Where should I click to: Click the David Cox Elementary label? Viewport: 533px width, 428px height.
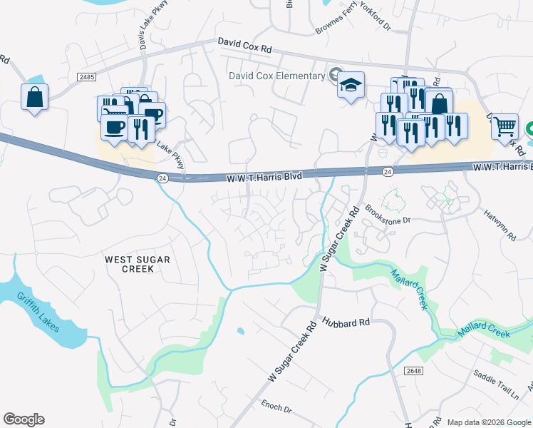276,76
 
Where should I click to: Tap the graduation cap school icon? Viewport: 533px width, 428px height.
351,85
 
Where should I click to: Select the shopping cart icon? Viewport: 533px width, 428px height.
504,126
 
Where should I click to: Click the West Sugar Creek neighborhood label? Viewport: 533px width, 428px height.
138,264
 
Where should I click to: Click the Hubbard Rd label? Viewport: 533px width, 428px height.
346,322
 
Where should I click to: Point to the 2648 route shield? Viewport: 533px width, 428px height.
412,370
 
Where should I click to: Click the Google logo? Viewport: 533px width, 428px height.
24,419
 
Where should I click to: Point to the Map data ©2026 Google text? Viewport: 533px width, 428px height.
488,422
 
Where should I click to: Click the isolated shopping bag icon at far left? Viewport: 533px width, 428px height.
34,96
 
